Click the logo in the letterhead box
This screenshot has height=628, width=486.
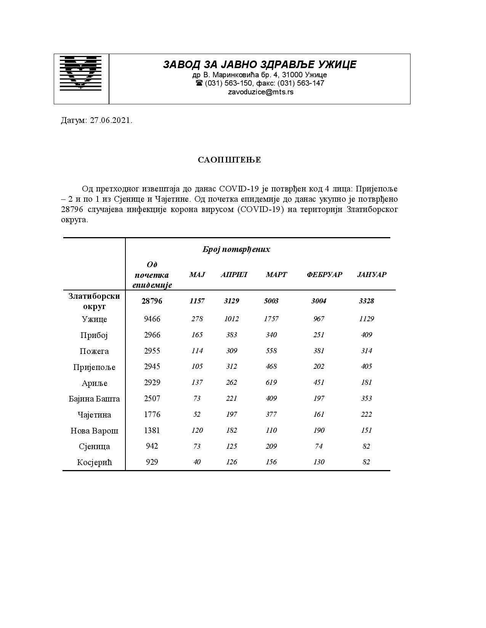coord(81,73)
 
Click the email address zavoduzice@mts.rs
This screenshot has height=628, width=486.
coord(260,92)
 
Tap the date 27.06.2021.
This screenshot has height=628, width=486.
coord(111,121)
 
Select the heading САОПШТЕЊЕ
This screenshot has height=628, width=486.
coord(229,160)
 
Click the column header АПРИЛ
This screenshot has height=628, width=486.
coord(234,275)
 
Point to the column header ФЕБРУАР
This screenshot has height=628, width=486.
coord(324,275)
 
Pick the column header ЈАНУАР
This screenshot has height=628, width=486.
coord(372,275)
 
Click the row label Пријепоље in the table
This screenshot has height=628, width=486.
coord(94,367)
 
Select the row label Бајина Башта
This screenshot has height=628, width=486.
coord(94,399)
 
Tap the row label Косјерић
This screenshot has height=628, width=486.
coord(94,462)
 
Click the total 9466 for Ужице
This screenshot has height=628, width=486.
coord(152,319)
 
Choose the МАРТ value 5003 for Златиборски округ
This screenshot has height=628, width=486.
coord(271,301)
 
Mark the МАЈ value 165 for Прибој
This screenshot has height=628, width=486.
coord(197,335)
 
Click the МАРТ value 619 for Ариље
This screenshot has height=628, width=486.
coord(271,383)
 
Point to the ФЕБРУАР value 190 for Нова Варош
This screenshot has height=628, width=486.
coord(319,430)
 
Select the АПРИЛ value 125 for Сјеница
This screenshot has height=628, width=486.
coord(231,446)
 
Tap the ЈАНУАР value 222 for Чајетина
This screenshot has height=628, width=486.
coord(366,414)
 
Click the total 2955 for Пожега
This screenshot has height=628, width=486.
coord(152,351)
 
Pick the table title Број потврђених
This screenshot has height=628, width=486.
coord(236,250)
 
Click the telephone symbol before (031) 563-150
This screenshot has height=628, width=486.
coord(199,83)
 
